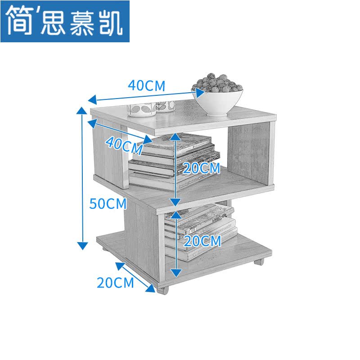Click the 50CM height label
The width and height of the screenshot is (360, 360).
[108, 203]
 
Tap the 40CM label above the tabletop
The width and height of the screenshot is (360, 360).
[147, 85]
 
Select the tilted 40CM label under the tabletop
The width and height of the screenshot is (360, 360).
[124, 144]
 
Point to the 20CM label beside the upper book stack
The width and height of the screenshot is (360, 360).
[201, 169]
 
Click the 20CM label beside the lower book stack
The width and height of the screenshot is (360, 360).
[202, 241]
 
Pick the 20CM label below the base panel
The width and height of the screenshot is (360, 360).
[115, 283]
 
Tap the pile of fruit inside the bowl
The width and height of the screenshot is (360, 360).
[217, 83]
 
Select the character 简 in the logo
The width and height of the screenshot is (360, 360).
[19, 21]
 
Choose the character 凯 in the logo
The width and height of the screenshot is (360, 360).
[110, 22]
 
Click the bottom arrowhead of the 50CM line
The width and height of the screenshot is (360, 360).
[82, 245]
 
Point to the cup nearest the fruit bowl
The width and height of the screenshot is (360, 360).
[165, 106]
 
